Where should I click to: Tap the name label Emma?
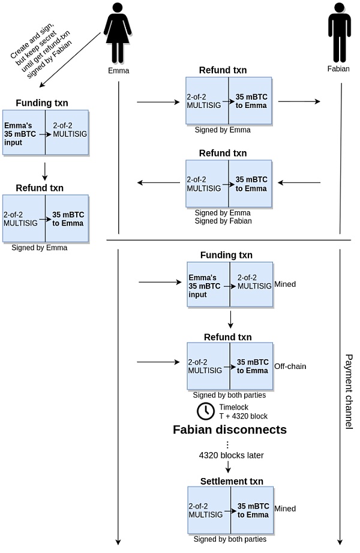click(119, 71)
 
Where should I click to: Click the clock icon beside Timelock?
click(205, 411)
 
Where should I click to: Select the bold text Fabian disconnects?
click(230, 430)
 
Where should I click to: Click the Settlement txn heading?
click(232, 482)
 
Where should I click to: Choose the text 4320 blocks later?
click(232, 455)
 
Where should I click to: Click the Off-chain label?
click(290, 365)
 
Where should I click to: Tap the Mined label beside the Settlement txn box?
click(285, 509)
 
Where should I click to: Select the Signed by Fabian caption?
click(223, 221)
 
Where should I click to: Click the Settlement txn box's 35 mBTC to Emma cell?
click(252, 510)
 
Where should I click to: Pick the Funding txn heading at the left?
click(42, 103)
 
